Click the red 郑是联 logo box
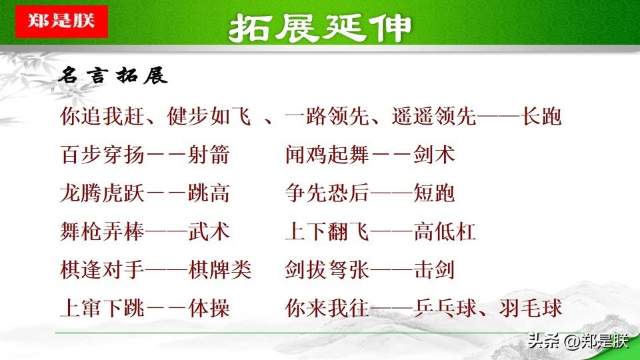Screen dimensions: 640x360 point(61,21)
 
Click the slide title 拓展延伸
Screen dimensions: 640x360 point(319,28)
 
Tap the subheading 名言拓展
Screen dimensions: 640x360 point(113,75)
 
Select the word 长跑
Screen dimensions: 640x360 point(541,116)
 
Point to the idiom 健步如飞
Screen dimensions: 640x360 point(209,116)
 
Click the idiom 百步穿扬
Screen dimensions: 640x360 point(102,155)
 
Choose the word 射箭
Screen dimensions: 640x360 point(209,155)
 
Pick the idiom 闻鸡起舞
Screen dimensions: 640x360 point(327,155)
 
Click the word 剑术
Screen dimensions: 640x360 point(434,155)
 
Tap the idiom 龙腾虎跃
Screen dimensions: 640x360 point(102,193)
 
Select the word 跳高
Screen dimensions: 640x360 point(209,193)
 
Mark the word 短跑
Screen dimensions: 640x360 point(434,193)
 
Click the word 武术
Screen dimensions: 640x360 point(209,231)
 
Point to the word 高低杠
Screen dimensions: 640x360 point(445,231)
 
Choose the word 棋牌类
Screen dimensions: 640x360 point(219,270)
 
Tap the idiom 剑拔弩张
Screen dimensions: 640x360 point(327,270)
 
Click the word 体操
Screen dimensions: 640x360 point(209,308)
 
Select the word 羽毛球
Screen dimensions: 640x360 point(530,308)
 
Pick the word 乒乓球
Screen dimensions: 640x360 point(445,308)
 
